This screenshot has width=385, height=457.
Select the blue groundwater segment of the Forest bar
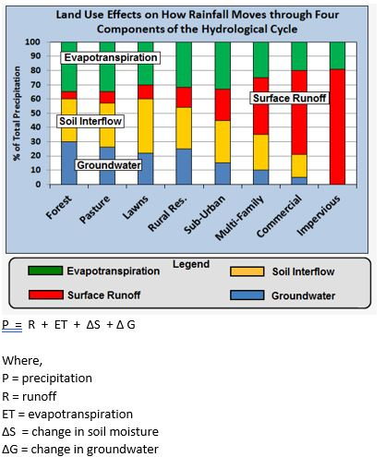pos(69,162)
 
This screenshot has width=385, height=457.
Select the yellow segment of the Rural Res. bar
pos(184,128)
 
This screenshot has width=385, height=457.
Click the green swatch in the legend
pos(54,271)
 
